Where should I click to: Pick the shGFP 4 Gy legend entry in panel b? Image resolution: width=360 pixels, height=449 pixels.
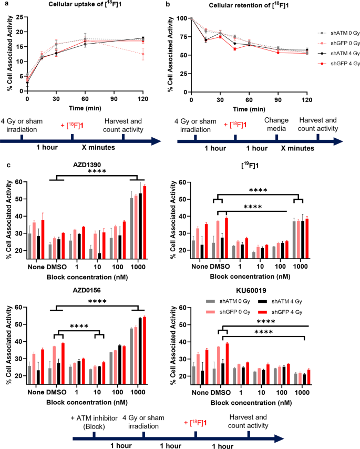(321, 64)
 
